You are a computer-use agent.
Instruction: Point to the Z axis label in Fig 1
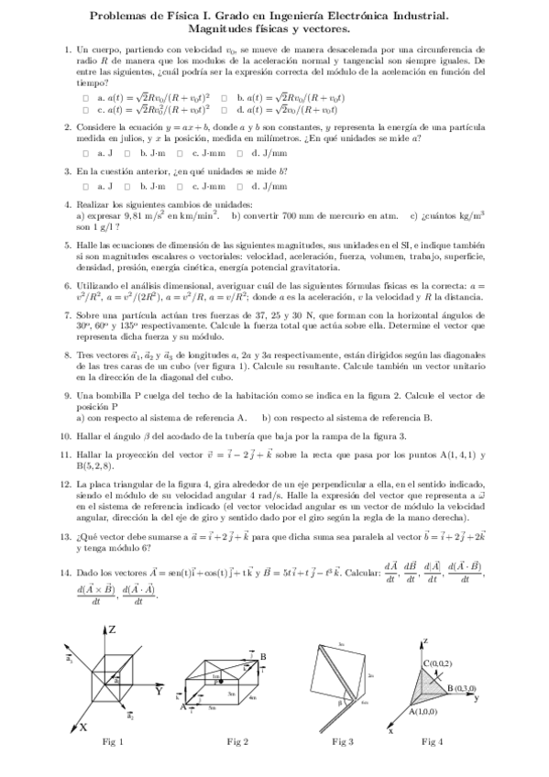point(111,629)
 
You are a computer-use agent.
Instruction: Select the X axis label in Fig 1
point(83,726)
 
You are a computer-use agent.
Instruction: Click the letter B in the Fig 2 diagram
point(262,656)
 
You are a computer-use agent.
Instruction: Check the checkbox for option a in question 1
point(85,97)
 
